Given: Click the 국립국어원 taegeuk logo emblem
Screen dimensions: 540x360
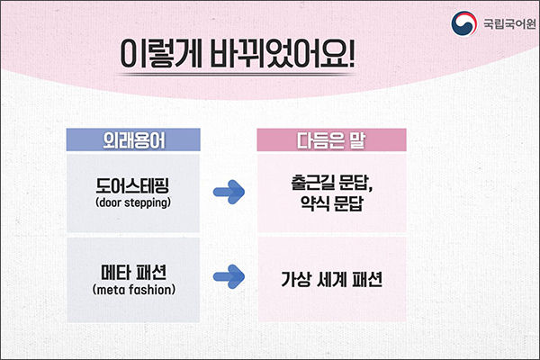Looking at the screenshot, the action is pos(463,23).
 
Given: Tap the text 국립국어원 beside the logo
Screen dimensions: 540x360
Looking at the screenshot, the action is pos(509,23).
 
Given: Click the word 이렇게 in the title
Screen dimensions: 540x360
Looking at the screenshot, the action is pos(161,54).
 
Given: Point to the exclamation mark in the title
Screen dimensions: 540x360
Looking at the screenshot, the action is pos(351,53).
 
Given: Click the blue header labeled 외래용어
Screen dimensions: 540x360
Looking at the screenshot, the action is pos(133,139).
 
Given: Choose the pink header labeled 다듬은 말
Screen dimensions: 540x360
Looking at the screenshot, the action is pos(331,139).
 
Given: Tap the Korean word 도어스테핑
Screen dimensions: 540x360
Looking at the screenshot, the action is pos(132,185).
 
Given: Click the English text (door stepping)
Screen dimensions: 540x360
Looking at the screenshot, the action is pos(133,202).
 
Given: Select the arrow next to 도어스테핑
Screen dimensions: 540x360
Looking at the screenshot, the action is pos(229,192).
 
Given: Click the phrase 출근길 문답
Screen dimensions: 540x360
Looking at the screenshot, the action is pos(329,183).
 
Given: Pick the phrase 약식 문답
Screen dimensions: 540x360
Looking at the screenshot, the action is pos(331,203).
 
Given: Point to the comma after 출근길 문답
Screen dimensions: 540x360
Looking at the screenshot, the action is pos(371,189).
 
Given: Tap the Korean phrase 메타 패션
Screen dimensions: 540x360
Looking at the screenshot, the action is pos(133,273).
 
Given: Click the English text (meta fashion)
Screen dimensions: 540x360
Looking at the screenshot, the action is pos(133,290).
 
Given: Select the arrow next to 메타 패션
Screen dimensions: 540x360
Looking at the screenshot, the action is pos(229,276).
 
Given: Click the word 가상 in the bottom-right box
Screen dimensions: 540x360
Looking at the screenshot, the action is pos(296,279).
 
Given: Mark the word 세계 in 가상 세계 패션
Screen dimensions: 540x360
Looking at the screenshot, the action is pos(331,279).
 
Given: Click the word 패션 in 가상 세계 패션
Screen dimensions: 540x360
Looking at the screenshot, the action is pos(367,279).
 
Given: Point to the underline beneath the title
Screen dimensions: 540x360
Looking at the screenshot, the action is pos(237,74).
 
